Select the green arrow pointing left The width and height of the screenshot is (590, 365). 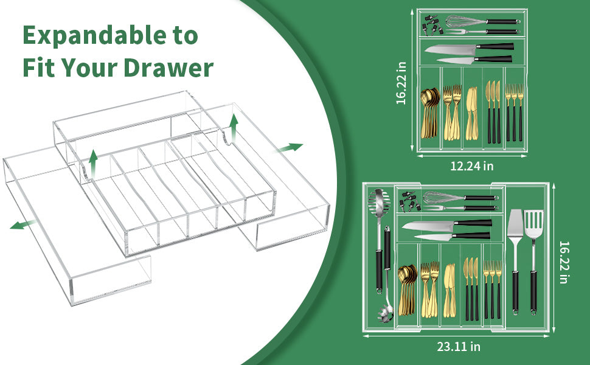tap(22, 225)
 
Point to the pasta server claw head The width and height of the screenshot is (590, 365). tap(385, 311)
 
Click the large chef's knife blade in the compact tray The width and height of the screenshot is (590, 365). tap(450, 49)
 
